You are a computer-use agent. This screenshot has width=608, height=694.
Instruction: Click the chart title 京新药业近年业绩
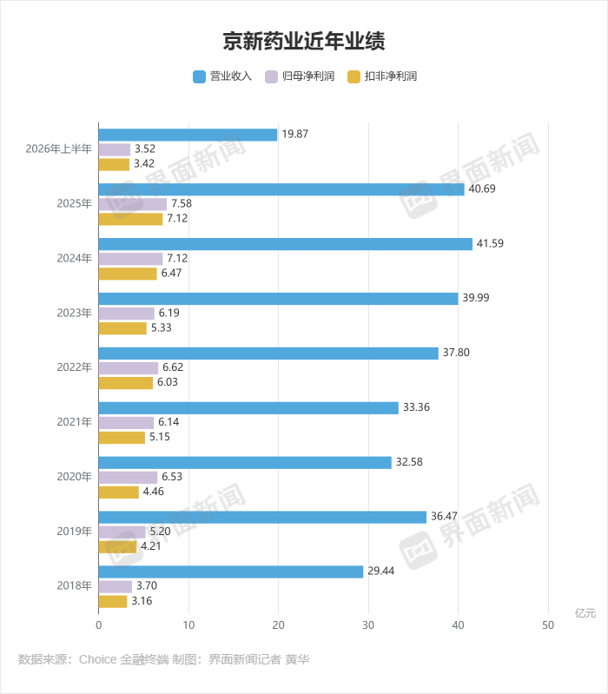pos(304,41)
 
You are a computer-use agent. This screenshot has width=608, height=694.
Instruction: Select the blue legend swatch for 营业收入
pos(199,76)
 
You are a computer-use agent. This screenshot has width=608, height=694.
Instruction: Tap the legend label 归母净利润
pos(308,76)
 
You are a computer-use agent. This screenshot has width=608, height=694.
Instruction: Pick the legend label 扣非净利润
pos(391,76)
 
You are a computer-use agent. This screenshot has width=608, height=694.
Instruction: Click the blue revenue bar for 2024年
pos(286,244)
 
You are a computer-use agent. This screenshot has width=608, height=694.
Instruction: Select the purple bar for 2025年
pos(133,204)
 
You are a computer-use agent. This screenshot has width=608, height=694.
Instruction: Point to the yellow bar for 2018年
pos(113,602)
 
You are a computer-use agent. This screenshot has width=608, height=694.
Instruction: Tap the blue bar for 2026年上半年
pos(188,135)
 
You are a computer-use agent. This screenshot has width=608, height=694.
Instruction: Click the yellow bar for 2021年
pos(122,437)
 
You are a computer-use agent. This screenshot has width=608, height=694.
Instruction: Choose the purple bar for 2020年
pos(128,477)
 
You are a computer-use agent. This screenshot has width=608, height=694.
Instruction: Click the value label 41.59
pos(490,243)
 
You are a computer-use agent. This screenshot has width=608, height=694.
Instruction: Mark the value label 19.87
pos(295,134)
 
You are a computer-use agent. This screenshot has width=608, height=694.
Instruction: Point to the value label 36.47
pos(444,516)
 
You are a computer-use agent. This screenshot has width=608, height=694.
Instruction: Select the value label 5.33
pos(161,327)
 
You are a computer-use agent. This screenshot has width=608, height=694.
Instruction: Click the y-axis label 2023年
pos(75,313)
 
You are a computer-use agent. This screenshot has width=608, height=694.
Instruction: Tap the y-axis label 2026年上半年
pos(59,149)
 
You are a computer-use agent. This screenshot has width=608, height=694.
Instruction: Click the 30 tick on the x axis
pos(368,625)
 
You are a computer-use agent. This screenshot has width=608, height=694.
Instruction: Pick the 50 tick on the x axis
pos(548,625)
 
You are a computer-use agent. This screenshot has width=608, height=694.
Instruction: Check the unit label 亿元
pos(585,613)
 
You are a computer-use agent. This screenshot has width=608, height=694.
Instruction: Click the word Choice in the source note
pos(98,659)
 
